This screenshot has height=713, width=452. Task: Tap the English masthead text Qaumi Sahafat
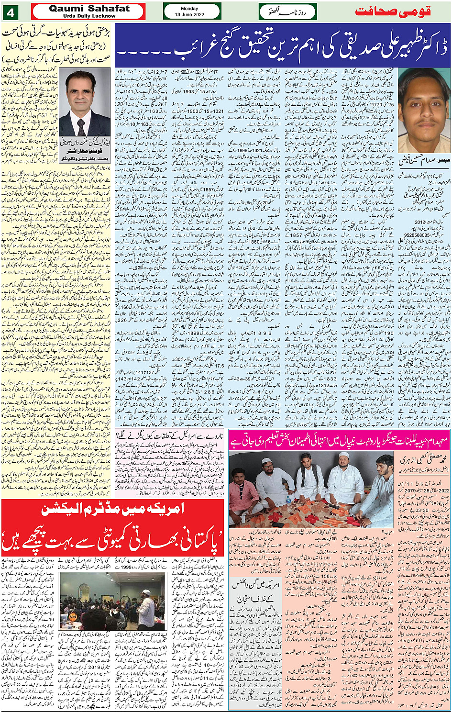pos(89,8)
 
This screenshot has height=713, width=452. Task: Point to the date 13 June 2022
pos(192,15)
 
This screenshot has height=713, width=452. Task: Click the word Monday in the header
pos(192,8)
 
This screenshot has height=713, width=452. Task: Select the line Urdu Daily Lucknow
pos(89,16)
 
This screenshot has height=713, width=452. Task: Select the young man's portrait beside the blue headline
pos(423,109)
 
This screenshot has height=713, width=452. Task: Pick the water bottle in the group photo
pos(288,501)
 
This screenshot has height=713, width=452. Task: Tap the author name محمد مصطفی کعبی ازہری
pos(425,460)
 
